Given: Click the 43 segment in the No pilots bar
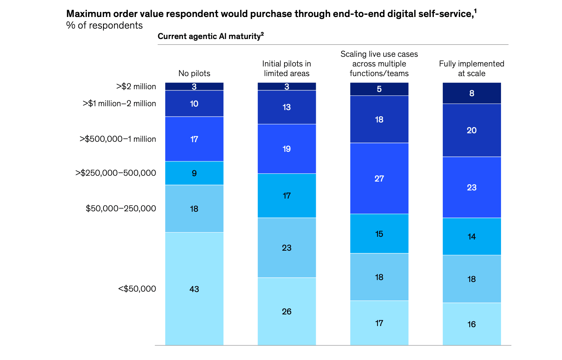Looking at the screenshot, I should click(194, 289).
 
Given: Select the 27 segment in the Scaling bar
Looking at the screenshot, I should click(379, 178).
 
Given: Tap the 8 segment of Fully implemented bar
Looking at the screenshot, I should click(472, 93).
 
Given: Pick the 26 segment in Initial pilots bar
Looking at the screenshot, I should click(286, 311).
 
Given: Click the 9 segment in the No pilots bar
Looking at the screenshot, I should click(194, 173).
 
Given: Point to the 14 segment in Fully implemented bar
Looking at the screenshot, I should click(472, 236).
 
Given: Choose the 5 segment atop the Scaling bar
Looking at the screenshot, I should click(379, 89).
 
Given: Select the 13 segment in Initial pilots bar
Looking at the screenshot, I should click(286, 107).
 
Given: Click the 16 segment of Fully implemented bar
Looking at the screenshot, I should click(472, 324).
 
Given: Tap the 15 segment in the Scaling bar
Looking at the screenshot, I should click(379, 234).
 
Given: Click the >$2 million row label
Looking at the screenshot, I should click(136, 87).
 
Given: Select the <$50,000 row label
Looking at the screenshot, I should click(137, 289).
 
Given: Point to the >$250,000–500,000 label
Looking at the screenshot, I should click(115, 173).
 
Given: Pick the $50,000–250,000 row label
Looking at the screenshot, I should click(121, 209).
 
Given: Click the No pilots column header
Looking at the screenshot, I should click(194, 73).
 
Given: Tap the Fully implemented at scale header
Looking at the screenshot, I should click(472, 68).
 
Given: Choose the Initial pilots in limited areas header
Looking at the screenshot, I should click(286, 68).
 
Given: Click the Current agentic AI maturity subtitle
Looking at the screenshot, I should click(210, 36).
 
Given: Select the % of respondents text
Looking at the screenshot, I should click(104, 25).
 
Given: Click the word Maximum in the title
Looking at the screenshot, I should click(88, 14).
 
